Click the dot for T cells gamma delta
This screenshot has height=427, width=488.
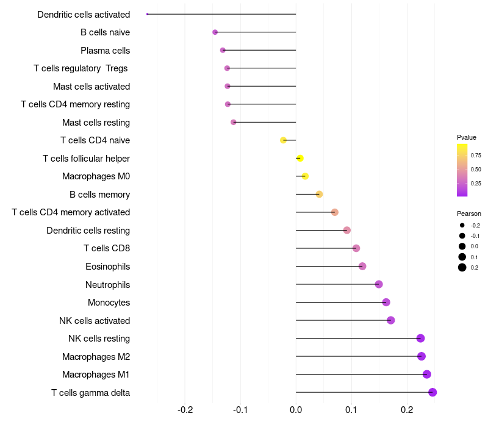(x=432, y=392)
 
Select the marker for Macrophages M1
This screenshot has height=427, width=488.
(x=427, y=375)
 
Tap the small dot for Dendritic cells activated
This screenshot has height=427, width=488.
(x=148, y=14)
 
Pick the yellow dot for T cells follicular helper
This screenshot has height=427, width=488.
(x=300, y=159)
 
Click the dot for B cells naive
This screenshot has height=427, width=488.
(x=215, y=32)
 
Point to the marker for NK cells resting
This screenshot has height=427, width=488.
(x=420, y=339)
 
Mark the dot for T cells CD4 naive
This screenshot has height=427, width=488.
(x=283, y=140)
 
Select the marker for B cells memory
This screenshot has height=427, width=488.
(x=319, y=195)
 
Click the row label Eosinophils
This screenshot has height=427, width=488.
(x=107, y=267)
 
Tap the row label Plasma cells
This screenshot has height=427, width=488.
(x=105, y=51)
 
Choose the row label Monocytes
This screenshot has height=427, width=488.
(x=109, y=303)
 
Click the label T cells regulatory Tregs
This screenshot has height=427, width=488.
(x=81, y=68)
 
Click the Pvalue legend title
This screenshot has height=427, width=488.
(x=467, y=137)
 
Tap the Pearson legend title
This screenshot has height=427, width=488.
(x=469, y=213)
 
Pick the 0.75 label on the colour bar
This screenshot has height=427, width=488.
(x=476, y=156)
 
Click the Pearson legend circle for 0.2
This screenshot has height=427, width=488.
(x=462, y=267)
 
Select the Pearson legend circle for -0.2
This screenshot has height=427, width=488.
(x=462, y=225)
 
